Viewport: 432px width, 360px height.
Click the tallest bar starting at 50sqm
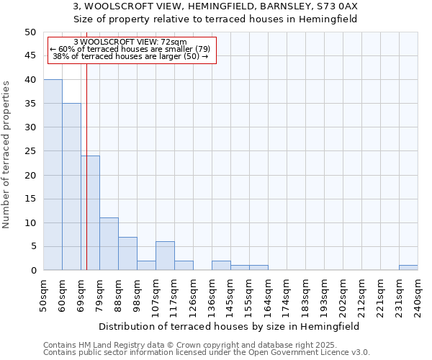[53, 175]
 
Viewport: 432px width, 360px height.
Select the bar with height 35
[71, 186]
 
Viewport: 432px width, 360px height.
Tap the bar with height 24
[90, 213]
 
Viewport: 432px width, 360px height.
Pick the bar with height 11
[109, 244]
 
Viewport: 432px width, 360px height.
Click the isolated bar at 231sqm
[408, 268]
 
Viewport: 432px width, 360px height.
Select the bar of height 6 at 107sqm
[165, 256]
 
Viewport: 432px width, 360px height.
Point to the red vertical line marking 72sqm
[86, 166]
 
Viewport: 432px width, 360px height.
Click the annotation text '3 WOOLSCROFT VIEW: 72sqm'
[130, 42]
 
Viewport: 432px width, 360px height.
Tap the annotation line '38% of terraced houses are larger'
[130, 56]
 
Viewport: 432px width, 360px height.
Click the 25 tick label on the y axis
[30, 151]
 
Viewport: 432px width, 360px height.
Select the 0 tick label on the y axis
[32, 271]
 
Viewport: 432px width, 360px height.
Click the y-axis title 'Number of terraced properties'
[7, 154]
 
